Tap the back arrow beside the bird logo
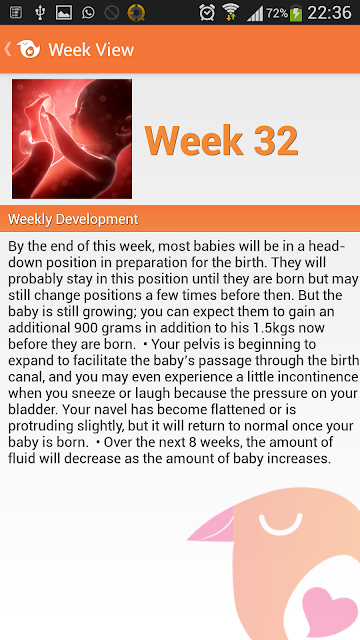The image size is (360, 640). coord(7,49)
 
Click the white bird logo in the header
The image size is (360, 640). coord(29,49)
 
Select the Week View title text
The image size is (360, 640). coord(91,50)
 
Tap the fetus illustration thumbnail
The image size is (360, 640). coord(72,139)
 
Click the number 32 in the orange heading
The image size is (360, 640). coord(276,140)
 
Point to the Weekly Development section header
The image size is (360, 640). coord(73,219)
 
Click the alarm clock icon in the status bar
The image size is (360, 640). coord(207,12)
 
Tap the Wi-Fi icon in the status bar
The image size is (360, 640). coord(231,12)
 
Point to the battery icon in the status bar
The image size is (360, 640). coord(296,13)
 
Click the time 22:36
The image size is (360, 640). coord(329,13)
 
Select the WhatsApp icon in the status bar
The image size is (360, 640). coord(88,13)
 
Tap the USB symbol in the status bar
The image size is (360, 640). coord(40,13)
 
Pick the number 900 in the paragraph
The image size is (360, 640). coord(85,328)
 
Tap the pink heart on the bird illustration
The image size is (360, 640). coord(330,611)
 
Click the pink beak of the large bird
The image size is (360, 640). coord(212,526)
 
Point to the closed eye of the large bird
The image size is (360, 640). coord(281,528)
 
